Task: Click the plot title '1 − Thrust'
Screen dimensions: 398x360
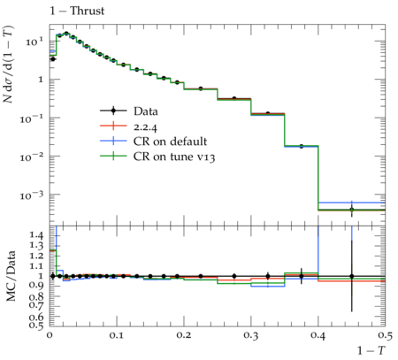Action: pos(77,11)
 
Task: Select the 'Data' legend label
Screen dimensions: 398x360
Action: pos(146,111)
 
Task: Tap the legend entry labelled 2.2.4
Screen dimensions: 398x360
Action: pos(145,127)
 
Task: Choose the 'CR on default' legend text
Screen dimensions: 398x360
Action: pos(170,142)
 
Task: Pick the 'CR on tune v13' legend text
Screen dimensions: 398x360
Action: pos(174,157)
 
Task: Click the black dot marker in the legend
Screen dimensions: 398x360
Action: pos(113,111)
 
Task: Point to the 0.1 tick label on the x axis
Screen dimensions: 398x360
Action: pos(116,335)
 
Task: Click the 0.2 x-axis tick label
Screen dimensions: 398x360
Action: pos(183,335)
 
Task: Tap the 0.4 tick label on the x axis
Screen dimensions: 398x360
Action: pos(318,335)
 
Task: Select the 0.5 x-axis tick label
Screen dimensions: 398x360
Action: pos(385,335)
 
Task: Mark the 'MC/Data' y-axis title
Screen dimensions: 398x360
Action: pos(11,276)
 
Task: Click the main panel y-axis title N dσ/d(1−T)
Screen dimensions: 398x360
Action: pos(8,65)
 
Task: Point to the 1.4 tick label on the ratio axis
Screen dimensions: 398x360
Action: pos(36,235)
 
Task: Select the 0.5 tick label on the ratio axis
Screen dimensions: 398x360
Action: pos(36,326)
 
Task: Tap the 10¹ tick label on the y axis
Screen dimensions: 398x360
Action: pos(34,42)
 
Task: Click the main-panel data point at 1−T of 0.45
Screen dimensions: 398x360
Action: pos(351,210)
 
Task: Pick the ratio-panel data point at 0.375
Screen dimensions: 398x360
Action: pos(301,276)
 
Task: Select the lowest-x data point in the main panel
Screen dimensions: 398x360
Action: pos(53,59)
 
